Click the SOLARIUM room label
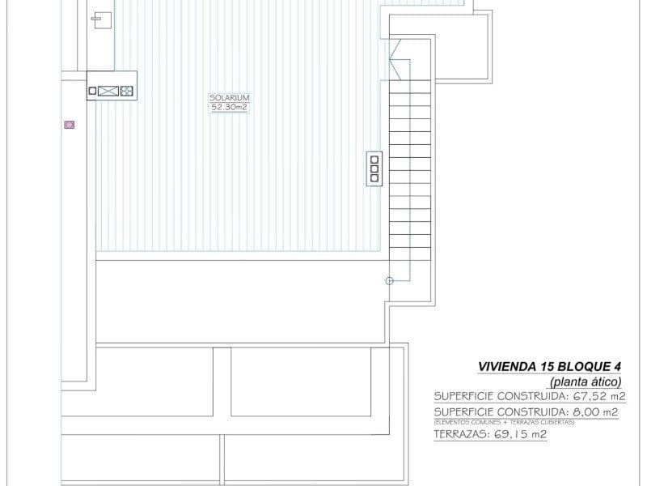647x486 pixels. [x=229, y=97]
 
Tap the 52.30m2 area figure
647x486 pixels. [x=229, y=107]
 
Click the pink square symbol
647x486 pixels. [x=70, y=125]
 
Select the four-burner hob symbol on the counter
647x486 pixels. [x=126, y=91]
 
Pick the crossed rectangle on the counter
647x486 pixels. [x=108, y=91]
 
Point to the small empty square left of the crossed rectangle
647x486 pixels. [x=92, y=91]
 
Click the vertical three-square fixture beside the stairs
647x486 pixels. [x=374, y=168]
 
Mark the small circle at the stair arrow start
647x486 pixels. [x=389, y=280]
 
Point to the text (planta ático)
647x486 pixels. [x=585, y=381]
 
